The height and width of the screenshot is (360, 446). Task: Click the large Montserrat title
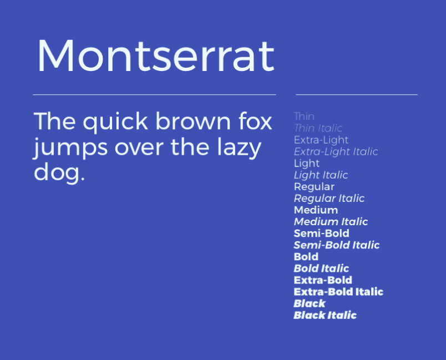[156, 55]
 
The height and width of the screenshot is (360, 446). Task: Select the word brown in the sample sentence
[193, 121]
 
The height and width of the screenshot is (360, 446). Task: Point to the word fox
[255, 121]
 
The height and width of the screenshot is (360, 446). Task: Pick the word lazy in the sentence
[239, 148]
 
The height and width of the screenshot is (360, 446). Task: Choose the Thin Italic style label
[318, 128]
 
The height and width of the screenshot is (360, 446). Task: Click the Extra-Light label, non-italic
[321, 140]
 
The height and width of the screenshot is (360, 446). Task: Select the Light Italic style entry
[321, 175]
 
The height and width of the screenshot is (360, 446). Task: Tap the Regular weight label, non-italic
[314, 187]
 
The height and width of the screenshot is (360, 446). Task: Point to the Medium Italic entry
[331, 222]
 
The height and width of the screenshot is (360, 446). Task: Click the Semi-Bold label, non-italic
[321, 234]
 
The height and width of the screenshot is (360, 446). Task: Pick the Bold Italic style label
[321, 268]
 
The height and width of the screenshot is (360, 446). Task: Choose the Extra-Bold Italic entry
[338, 292]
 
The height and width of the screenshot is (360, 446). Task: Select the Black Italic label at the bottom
[325, 315]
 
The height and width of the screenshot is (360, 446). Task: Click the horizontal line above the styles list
[357, 94]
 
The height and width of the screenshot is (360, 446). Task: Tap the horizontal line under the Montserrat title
[154, 94]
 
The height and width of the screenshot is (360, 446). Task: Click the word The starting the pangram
[54, 121]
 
